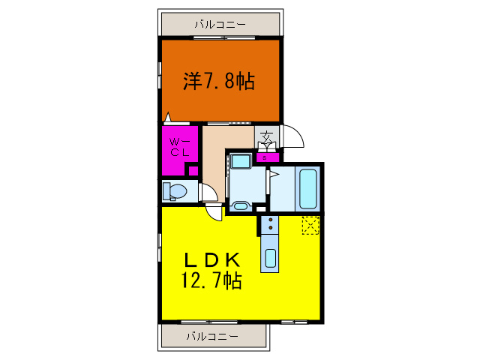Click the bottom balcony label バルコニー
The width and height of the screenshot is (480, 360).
pyautogui.click(x=211, y=335)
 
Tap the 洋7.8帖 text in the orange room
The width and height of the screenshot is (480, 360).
pyautogui.click(x=219, y=82)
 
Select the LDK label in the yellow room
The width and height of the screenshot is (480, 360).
pyautogui.click(x=212, y=260)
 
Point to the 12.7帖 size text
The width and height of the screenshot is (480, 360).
pyautogui.click(x=210, y=281)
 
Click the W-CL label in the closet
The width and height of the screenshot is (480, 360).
pyautogui.click(x=180, y=146)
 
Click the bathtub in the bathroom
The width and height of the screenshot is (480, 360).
pyautogui.click(x=309, y=189)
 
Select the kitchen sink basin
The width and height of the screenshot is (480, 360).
pyautogui.click(x=270, y=259)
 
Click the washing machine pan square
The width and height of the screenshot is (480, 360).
pyautogui.click(x=241, y=161)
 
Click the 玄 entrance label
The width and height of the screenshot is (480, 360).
pyautogui.click(x=266, y=137)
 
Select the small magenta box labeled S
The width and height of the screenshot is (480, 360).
pyautogui.click(x=265, y=157)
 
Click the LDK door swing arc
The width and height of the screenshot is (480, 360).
pyautogui.click(x=215, y=211)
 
